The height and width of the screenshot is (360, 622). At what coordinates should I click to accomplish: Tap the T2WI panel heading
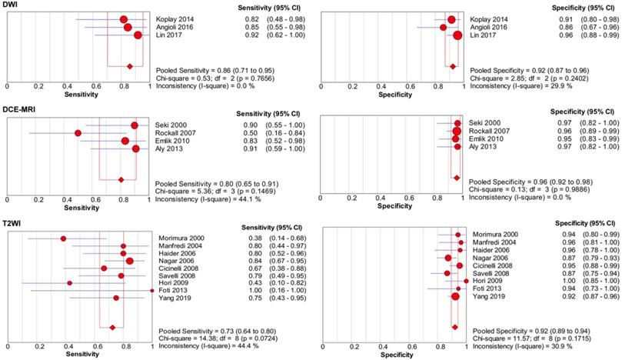tap(13, 221)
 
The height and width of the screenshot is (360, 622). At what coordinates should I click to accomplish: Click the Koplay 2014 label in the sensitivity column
tap(175, 18)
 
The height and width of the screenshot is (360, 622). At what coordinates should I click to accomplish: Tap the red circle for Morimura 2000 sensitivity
tap(63, 238)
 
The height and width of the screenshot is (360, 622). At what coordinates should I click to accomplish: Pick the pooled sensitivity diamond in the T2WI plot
tap(113, 327)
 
